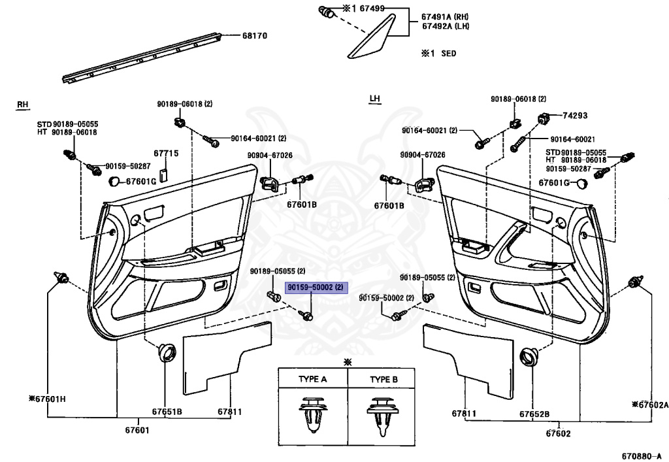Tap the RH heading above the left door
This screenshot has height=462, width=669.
tap(24, 105)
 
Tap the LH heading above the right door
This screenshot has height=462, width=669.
tap(374, 99)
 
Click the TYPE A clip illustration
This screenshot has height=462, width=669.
tap(313, 414)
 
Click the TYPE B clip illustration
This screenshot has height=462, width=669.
tap(382, 414)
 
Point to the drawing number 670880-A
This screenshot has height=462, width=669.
tap(640, 455)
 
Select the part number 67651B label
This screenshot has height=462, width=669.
tap(167, 412)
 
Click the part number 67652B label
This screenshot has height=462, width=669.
tap(534, 414)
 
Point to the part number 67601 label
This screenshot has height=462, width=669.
tap(137, 429)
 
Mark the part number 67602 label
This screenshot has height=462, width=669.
tap(558, 433)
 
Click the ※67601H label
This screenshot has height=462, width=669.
tap(47, 399)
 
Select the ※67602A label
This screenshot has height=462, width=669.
tap(649, 404)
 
